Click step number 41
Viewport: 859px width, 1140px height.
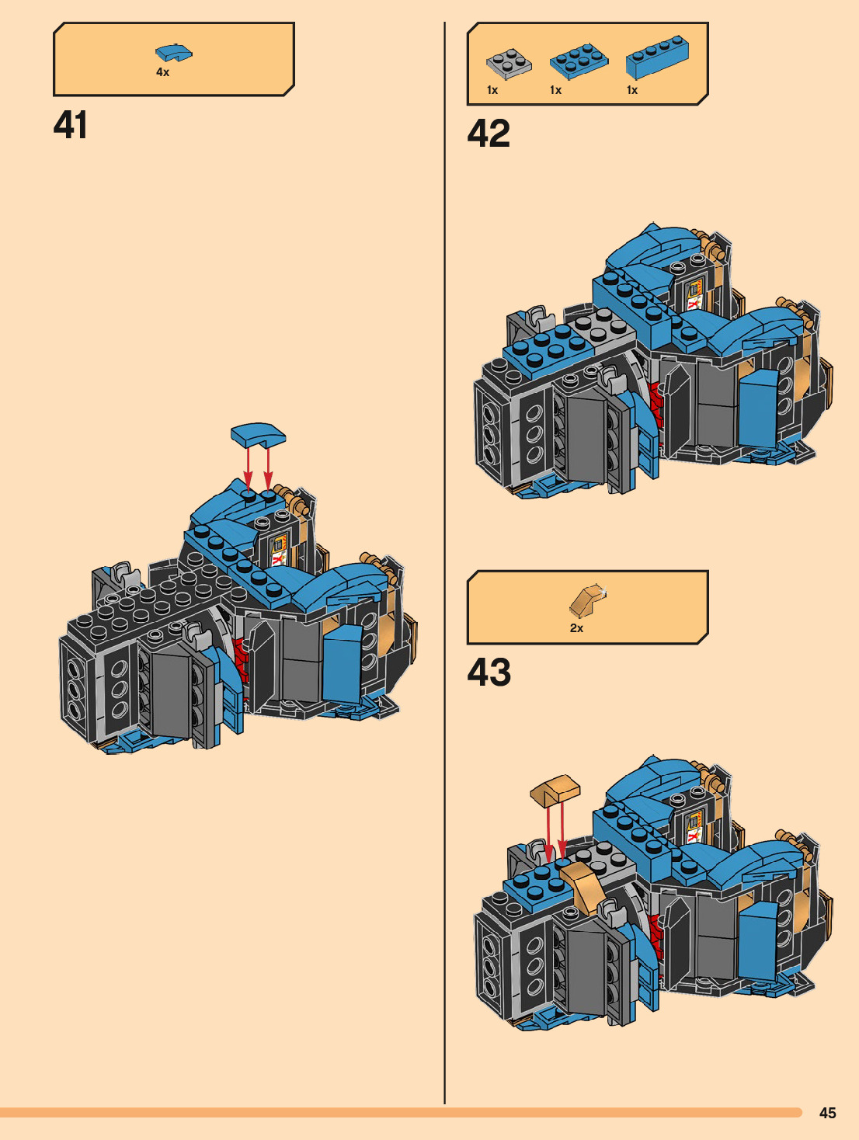pyautogui.click(x=70, y=125)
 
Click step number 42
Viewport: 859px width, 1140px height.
pyautogui.click(x=489, y=134)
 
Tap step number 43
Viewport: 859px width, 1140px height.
pyautogui.click(x=489, y=673)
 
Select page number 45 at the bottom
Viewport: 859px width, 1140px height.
pyautogui.click(x=827, y=1113)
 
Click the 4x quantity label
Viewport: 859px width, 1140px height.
pyautogui.click(x=162, y=72)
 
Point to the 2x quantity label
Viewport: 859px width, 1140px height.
pyautogui.click(x=576, y=628)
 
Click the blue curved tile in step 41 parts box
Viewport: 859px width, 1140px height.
pyautogui.click(x=173, y=53)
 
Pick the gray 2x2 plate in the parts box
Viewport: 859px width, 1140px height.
pyautogui.click(x=509, y=64)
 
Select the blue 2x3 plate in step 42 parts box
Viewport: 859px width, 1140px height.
pyautogui.click(x=579, y=61)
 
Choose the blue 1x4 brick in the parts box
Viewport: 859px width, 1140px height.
pyautogui.click(x=656, y=57)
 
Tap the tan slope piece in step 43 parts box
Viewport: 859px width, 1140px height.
pyautogui.click(x=587, y=601)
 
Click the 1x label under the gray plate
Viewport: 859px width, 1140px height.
pyautogui.click(x=492, y=90)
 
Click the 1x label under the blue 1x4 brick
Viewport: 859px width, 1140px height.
pyautogui.click(x=632, y=90)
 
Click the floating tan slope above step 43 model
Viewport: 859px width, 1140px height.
pyautogui.click(x=555, y=790)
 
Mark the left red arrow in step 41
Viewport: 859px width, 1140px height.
pyautogui.click(x=248, y=466)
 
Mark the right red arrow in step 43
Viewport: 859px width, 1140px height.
pyautogui.click(x=562, y=831)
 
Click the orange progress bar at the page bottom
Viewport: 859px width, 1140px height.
pyautogui.click(x=400, y=1113)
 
